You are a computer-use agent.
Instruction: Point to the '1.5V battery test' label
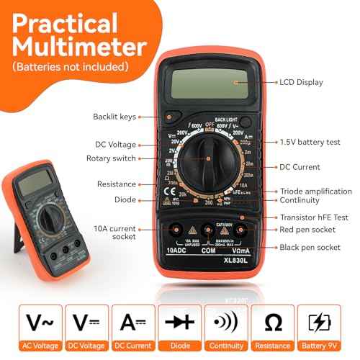(308, 142)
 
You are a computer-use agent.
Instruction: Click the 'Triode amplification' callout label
(315, 192)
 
